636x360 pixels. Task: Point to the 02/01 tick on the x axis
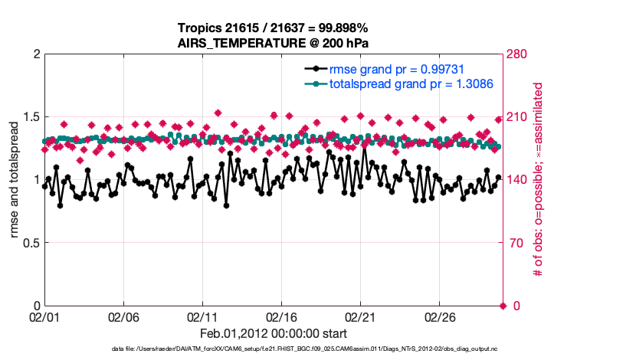(44, 316)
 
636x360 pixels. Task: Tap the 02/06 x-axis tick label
(123, 316)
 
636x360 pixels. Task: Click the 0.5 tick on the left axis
(28, 243)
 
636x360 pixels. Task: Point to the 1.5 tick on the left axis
(28, 117)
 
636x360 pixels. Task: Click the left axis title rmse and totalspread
(15, 181)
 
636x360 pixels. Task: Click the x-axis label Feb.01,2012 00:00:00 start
(274, 333)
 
